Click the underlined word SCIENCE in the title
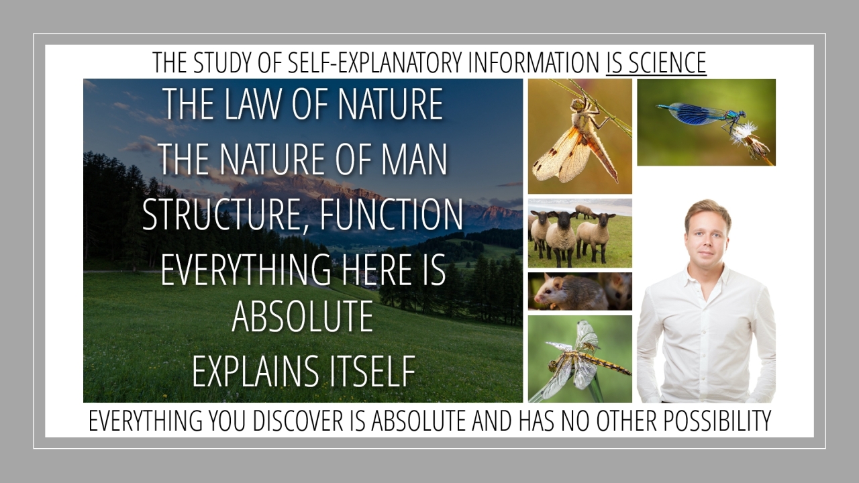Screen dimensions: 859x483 (x=668, y=62)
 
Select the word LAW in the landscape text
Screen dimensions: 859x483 (x=252, y=104)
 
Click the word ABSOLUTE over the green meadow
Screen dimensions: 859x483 (x=303, y=316)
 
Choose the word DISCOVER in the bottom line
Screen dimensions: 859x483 (x=299, y=421)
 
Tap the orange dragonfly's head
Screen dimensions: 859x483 (x=576, y=103)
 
